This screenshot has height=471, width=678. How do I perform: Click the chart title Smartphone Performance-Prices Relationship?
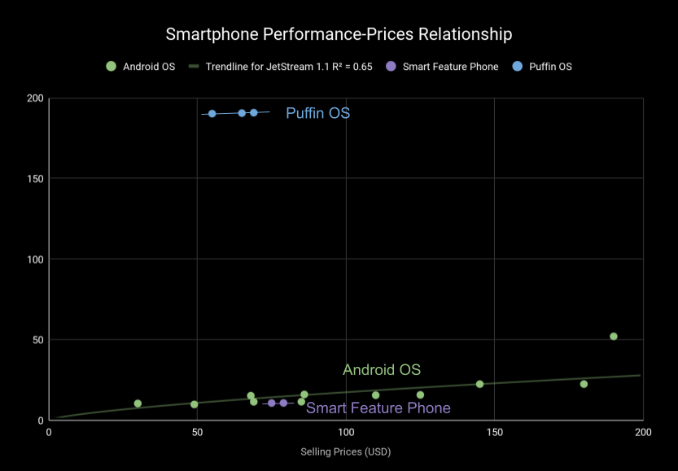339,34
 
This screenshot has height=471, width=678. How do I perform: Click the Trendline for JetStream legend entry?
280,67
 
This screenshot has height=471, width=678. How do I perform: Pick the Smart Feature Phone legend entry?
442,67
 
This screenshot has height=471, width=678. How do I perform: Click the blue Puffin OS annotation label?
317,113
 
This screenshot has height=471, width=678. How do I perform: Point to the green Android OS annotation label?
381,369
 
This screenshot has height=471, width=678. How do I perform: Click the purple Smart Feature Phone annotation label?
378,408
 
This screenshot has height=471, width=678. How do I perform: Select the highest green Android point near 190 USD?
614,337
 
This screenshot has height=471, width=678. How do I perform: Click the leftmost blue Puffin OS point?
212,114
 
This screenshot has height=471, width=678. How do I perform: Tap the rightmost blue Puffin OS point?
253,113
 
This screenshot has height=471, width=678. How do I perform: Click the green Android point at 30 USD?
138,403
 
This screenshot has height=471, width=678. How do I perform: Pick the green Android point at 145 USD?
479,384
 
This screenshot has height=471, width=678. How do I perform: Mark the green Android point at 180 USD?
584,384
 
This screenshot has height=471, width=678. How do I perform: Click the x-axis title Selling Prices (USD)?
345,451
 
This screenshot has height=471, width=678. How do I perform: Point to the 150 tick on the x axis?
494,432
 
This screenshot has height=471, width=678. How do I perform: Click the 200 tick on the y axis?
34,98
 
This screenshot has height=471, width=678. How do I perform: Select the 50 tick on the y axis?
37,340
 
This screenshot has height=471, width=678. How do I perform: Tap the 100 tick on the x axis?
346,432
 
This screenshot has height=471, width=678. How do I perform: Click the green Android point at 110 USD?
375,395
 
